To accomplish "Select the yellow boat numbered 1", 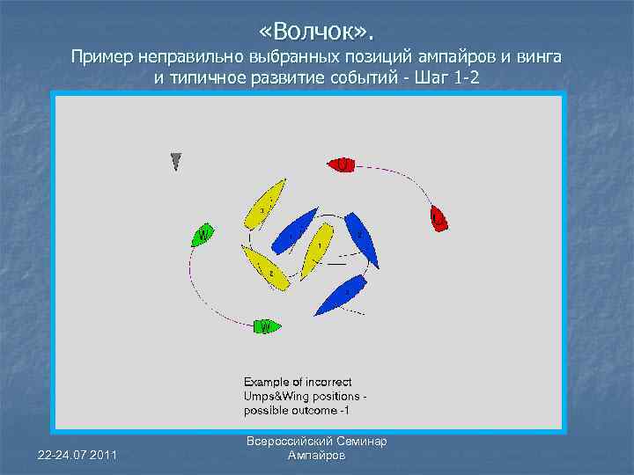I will click(x=316, y=250).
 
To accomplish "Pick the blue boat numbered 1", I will click(x=296, y=230).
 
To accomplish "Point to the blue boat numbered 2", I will click(x=362, y=238).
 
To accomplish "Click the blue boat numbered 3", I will click(x=344, y=293).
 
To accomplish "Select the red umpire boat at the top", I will click(x=342, y=164).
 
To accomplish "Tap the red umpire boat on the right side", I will click(x=439, y=218).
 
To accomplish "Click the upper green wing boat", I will click(x=203, y=235).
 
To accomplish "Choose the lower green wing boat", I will click(x=267, y=327).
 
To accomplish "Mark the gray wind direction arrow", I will click(x=176, y=161).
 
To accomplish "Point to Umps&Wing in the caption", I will click(x=278, y=397).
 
